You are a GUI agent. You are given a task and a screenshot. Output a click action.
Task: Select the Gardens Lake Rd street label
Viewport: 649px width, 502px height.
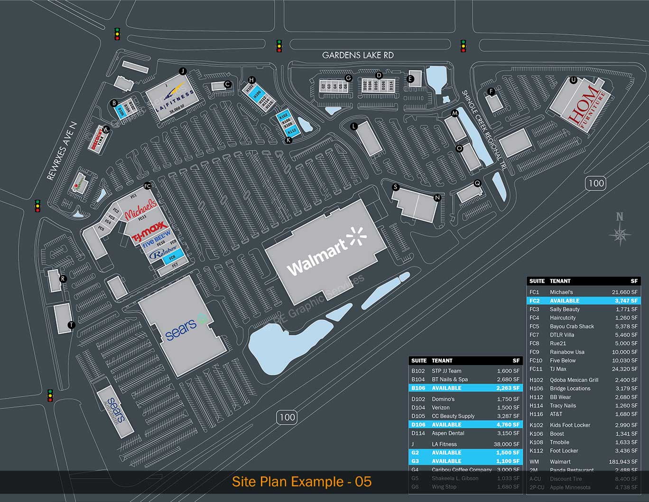pyautogui.click(x=358, y=55)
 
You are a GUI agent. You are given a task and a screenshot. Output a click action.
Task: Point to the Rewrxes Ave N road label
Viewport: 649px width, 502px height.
pyautogui.click(x=62, y=151)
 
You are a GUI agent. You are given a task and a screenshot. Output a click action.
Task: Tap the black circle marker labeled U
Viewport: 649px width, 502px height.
pyautogui.click(x=573, y=80)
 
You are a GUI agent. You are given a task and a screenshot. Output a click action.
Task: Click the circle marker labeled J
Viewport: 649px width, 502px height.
pyautogui.click(x=183, y=71)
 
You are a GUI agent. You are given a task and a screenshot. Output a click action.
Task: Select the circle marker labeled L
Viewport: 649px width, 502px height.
pyautogui.click(x=353, y=126)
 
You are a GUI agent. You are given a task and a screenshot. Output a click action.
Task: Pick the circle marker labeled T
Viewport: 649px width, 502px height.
pyautogui.click(x=71, y=325)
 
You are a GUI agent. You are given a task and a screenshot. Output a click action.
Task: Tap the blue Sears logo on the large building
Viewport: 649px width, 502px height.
pyautogui.click(x=182, y=328)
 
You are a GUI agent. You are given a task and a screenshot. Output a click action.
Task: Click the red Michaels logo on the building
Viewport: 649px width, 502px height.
pyautogui.click(x=140, y=209)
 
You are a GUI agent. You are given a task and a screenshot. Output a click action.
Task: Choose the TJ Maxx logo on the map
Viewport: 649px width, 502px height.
pyautogui.click(x=149, y=230)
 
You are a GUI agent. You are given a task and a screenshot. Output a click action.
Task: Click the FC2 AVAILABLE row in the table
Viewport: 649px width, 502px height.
pyautogui.click(x=584, y=301)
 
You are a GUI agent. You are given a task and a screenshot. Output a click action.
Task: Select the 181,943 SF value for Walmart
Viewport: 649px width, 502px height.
pyautogui.click(x=623, y=462)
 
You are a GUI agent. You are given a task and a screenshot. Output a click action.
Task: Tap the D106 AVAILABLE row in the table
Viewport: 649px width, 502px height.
pyautogui.click(x=465, y=425)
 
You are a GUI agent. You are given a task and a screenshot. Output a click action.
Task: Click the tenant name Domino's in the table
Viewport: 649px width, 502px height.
pyautogui.click(x=443, y=399)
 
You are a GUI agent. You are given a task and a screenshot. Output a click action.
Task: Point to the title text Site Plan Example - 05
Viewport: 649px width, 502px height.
pyautogui.click(x=302, y=482)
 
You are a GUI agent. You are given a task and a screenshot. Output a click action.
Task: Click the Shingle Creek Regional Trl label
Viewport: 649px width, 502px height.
pyautogui.click(x=484, y=130)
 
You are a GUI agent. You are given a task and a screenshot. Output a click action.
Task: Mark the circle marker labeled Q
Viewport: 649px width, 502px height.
pyautogui.click(x=477, y=183)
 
